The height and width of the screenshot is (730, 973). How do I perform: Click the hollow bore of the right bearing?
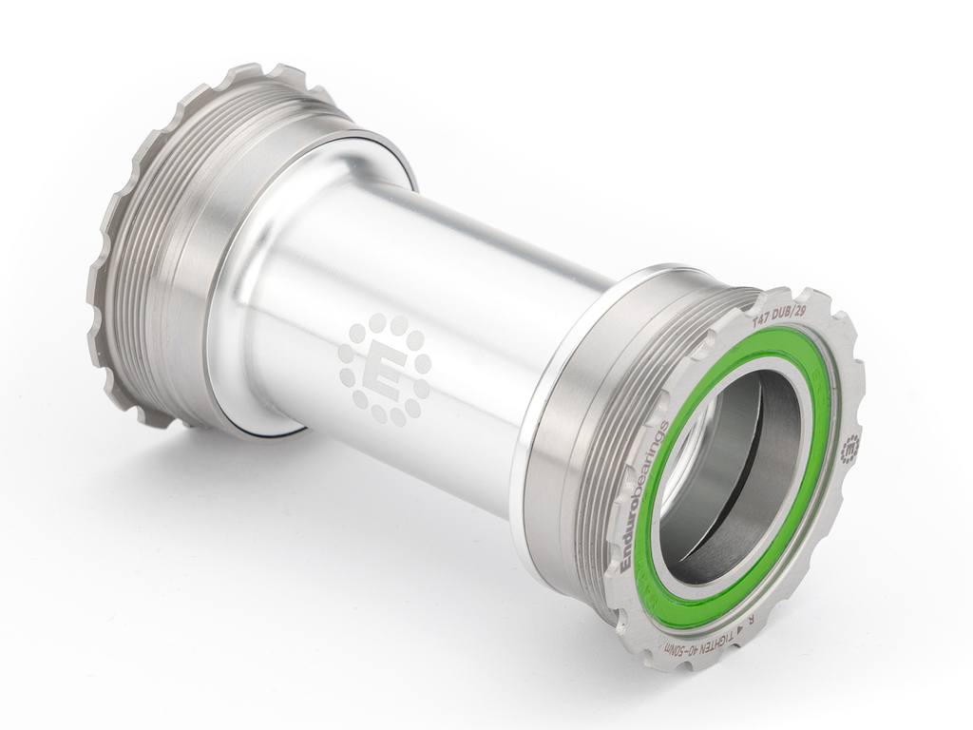(732, 475)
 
